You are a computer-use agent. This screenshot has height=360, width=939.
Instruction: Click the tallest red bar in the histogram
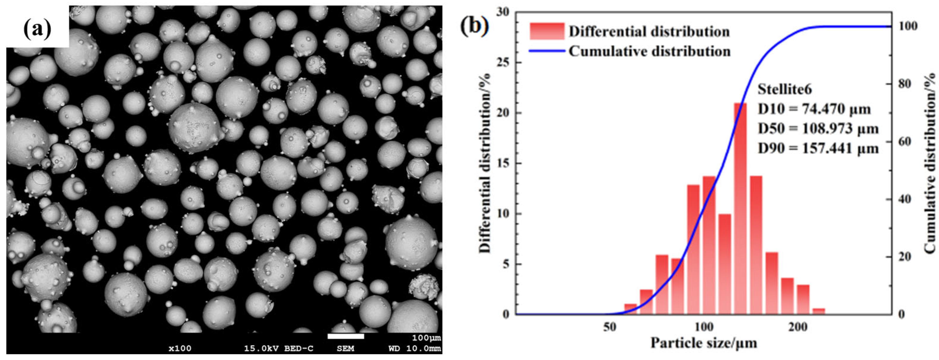click(x=740, y=208)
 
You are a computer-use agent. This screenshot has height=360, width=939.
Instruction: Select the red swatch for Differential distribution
click(x=547, y=31)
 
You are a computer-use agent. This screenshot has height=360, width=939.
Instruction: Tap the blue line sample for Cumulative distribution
click(x=547, y=51)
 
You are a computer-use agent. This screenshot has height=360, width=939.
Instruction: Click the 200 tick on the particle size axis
click(x=798, y=327)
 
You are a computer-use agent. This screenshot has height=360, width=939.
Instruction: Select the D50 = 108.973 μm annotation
click(x=818, y=128)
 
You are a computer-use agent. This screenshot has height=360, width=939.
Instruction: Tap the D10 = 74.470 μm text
click(x=814, y=109)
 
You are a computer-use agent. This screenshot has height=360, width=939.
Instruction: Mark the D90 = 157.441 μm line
click(x=818, y=148)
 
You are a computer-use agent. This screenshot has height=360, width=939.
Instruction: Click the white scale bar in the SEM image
click(x=346, y=336)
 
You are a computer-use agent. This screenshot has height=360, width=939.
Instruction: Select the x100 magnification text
click(x=180, y=349)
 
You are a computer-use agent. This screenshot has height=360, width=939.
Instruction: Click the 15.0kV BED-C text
click(x=278, y=349)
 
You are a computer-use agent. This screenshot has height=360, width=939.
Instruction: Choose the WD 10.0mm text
click(x=414, y=349)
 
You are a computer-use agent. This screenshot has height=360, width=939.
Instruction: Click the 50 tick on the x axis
click(x=610, y=327)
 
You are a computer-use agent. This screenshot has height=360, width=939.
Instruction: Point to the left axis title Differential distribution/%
click(x=485, y=163)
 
